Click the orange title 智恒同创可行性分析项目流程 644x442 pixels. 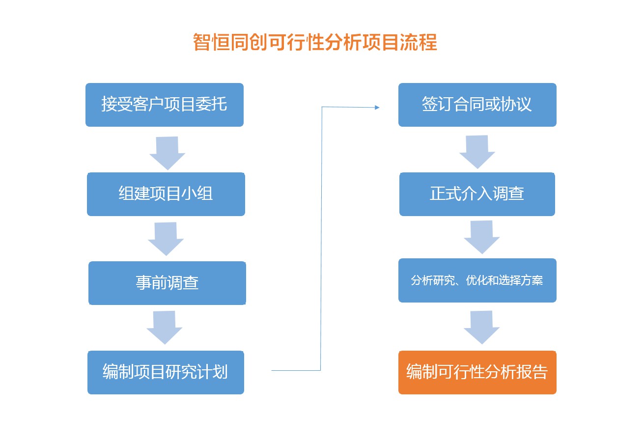[315, 42]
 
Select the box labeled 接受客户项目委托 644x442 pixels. [165, 105]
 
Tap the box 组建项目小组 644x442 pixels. [166, 194]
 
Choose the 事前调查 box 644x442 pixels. [167, 283]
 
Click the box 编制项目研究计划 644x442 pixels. [166, 372]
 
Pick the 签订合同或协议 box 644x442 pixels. [477, 105]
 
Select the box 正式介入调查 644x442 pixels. [477, 194]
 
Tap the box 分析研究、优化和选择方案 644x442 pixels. [477, 280]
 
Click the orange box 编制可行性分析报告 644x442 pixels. [477, 372]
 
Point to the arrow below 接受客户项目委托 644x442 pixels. [168, 153]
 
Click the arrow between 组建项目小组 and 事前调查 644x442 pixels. [166, 239]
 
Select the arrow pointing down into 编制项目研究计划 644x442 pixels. [165, 328]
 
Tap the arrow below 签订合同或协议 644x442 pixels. [477, 152]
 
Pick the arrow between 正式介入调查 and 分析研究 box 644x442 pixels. [481, 237]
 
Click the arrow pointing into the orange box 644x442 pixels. [481, 328]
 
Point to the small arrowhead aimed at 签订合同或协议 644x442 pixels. [377, 108]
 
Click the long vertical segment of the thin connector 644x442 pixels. [321, 239]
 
